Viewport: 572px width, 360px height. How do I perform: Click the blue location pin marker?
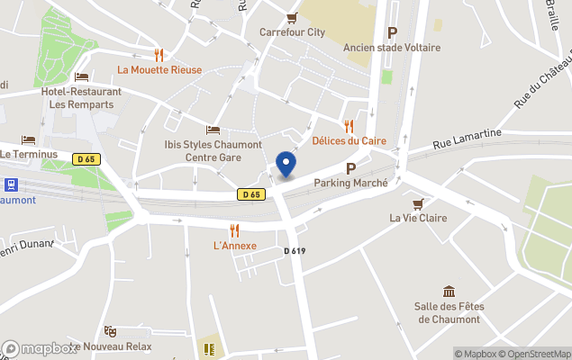tap(286, 164)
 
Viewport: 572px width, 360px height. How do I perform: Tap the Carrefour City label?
tap(292, 32)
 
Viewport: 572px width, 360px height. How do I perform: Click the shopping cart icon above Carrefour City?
tap(291, 17)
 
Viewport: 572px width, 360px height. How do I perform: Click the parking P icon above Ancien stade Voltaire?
tap(392, 32)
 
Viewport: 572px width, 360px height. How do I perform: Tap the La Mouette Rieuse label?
tap(159, 69)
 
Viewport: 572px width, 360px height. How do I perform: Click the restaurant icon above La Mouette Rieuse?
tap(159, 55)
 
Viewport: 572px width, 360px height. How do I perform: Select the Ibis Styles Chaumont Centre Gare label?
tap(213, 150)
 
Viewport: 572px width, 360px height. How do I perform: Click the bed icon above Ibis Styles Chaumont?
tap(213, 130)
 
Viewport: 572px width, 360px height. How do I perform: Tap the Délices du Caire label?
tap(348, 140)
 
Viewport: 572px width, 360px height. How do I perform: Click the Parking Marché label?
tap(350, 183)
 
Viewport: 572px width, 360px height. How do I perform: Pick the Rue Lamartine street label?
tap(467, 138)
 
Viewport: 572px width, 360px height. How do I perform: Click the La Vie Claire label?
tap(418, 217)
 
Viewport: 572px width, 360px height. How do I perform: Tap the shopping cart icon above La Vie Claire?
tap(418, 202)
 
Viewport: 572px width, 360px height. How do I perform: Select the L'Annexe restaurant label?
tap(234, 246)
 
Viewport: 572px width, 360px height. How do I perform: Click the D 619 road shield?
tap(295, 251)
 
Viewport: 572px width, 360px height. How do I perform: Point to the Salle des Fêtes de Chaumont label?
tap(449, 313)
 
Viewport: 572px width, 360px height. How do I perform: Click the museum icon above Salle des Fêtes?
tap(449, 292)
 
